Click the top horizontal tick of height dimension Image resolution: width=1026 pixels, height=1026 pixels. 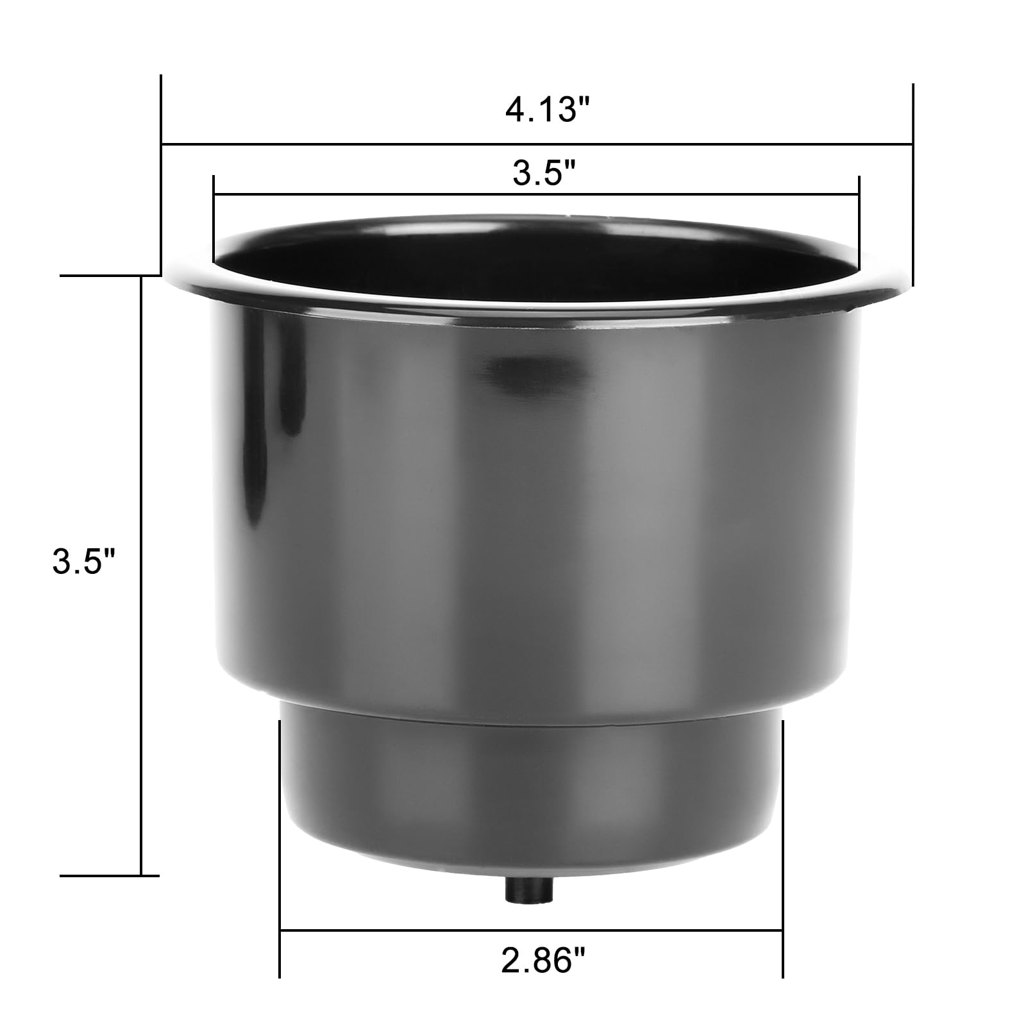(109, 276)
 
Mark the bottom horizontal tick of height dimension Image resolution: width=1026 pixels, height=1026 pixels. (109, 875)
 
